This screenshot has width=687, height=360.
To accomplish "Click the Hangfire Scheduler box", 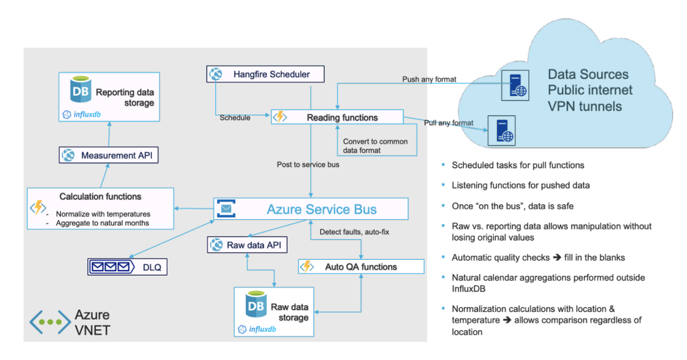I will click(x=265, y=74).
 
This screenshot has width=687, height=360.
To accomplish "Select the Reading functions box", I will click(x=337, y=117).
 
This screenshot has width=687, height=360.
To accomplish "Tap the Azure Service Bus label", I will click(x=321, y=209).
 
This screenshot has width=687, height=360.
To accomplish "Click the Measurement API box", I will click(x=108, y=155).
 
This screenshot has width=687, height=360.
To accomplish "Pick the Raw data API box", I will click(x=247, y=245).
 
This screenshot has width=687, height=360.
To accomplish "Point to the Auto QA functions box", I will click(x=361, y=267).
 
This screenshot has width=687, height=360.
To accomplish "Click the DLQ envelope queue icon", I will click(x=112, y=267).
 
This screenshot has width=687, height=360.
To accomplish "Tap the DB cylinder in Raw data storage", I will click(x=256, y=305).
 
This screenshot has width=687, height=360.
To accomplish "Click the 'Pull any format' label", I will click(x=448, y=123).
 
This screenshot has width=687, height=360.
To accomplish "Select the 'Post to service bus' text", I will click(x=308, y=165).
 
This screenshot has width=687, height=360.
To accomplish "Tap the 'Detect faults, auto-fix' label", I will click(x=354, y=231).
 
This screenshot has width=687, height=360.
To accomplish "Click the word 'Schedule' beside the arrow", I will click(x=235, y=118).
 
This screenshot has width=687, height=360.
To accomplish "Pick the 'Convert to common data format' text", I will click(x=375, y=145).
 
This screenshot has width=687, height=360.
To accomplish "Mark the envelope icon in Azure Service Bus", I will click(x=226, y=209).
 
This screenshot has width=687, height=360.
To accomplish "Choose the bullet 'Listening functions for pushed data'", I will click(x=520, y=185).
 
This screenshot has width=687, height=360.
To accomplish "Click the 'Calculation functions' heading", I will click(x=100, y=197).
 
